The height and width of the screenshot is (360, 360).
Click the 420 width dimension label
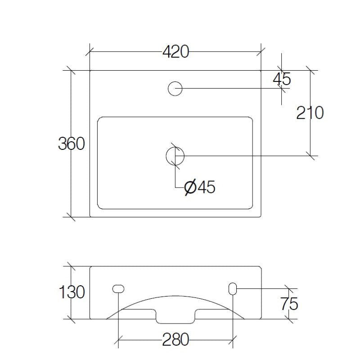175,52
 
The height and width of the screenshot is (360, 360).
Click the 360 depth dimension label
71,144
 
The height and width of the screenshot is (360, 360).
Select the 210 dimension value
310,113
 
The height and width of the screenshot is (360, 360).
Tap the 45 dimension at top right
282,79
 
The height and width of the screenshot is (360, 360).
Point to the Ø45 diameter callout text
200,187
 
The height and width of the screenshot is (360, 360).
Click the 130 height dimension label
71,292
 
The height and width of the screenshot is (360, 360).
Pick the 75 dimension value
288,304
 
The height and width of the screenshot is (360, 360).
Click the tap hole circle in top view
175,89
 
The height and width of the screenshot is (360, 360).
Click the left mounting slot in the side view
118,288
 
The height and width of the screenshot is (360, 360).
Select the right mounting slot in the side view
233,288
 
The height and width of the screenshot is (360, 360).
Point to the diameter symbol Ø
190,187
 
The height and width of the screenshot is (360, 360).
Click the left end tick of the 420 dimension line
90,52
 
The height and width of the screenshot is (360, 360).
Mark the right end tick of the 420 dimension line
261,52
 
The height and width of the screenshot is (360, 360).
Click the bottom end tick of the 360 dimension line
70,217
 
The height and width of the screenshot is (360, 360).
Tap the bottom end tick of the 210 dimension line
310,156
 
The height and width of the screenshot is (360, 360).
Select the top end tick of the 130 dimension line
70,265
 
